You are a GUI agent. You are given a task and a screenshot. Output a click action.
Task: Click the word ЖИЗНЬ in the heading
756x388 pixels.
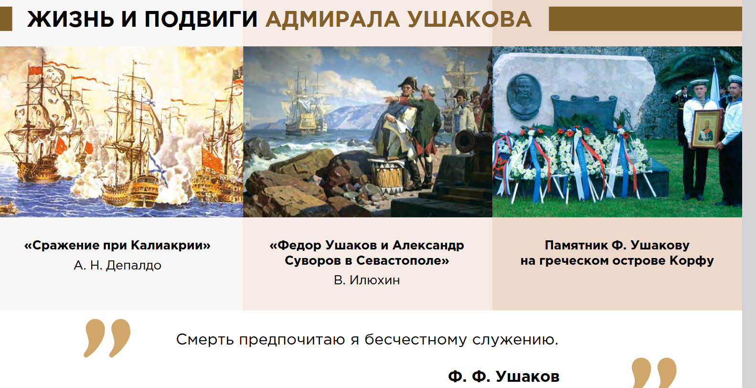70,19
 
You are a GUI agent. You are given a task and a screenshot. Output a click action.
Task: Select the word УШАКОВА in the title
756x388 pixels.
469,19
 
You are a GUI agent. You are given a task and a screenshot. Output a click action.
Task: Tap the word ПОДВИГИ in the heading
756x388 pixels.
201,19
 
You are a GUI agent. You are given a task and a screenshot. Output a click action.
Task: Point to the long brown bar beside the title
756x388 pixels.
645,19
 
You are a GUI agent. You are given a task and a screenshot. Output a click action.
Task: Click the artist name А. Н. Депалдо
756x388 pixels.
117,265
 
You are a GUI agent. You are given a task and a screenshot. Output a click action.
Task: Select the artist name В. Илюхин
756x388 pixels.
367,280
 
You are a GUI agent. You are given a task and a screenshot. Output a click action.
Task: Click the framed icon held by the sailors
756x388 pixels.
706,129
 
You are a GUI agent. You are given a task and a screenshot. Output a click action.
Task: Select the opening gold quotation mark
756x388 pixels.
107,338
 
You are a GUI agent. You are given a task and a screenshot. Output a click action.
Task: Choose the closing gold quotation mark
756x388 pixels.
654,373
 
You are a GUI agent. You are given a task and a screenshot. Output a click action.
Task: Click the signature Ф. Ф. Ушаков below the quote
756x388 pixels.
503,377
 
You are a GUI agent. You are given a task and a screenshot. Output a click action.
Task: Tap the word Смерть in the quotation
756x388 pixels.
205,339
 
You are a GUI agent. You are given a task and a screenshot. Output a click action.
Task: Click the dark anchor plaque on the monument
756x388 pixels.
583,111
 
